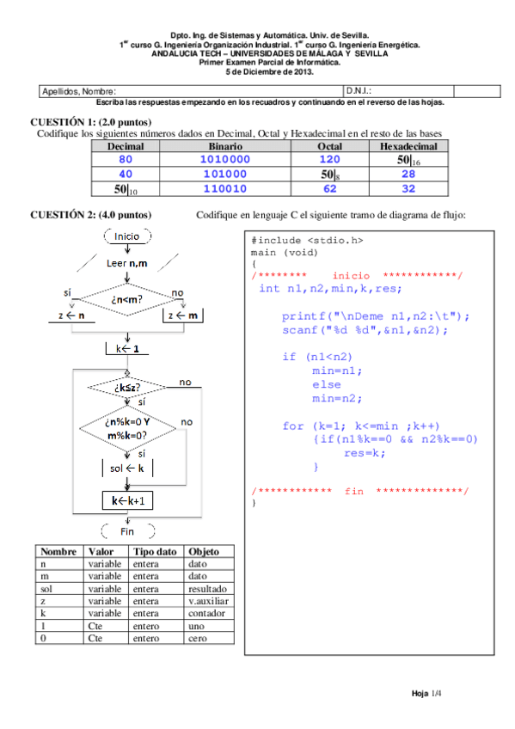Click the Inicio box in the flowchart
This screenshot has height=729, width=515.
pyautogui.click(x=127, y=236)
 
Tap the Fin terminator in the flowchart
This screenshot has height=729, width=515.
pyautogui.click(x=127, y=531)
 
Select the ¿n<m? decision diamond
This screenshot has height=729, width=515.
pyautogui.click(x=127, y=299)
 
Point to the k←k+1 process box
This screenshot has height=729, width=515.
pyautogui.click(x=127, y=500)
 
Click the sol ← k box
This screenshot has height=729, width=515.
pyautogui.click(x=127, y=468)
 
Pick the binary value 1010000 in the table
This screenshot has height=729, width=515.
pyautogui.click(x=224, y=160)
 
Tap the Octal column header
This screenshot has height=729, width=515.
pyautogui.click(x=329, y=147)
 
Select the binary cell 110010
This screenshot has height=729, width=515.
pyautogui.click(x=224, y=188)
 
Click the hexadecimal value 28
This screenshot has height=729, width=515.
pyautogui.click(x=408, y=174)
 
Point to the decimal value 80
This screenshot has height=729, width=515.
pyautogui.click(x=126, y=160)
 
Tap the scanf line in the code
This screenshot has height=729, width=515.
pyautogui.click(x=365, y=329)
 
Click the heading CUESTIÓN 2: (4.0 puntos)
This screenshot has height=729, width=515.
pyautogui.click(x=91, y=214)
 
